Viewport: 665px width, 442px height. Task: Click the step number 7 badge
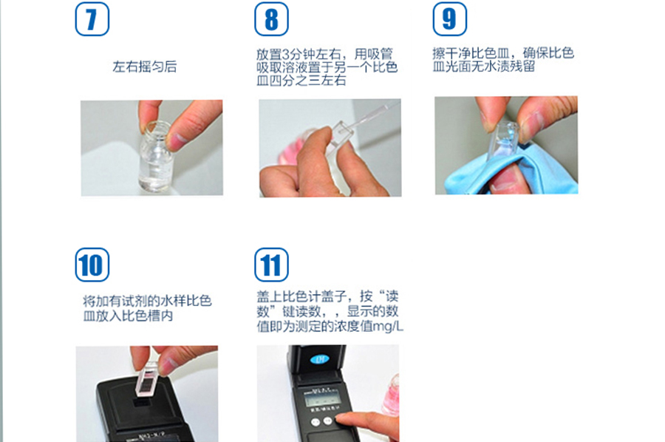pos(92,19)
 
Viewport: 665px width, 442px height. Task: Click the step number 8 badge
pos(271,19)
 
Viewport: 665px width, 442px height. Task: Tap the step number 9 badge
pos(450,19)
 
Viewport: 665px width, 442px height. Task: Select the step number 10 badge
pos(92,265)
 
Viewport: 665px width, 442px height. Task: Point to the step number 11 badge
pos(271,265)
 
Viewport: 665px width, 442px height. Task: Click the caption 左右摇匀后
pos(145,67)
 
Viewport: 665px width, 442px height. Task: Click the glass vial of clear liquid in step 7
pos(156,156)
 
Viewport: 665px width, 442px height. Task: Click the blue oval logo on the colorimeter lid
pos(320,360)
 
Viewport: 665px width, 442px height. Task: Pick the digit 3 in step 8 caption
pos(286,54)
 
